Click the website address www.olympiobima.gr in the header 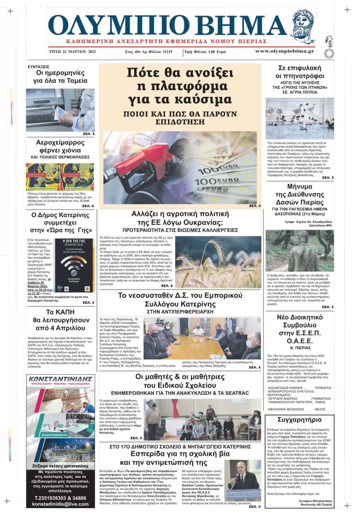point(285,51)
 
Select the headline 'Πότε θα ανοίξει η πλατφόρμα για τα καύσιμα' point(180,86)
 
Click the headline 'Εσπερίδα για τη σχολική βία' point(180,453)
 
